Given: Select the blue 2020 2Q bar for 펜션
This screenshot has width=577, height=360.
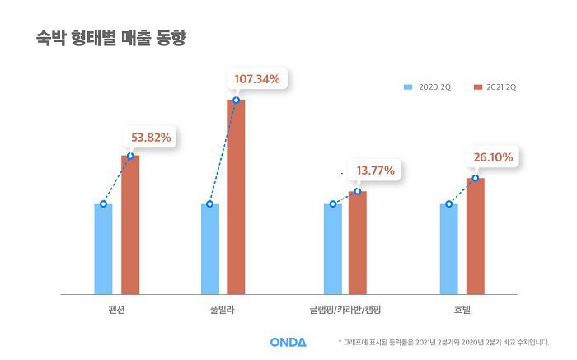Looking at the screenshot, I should point(103,249).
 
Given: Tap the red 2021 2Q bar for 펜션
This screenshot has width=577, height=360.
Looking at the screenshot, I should point(130,224).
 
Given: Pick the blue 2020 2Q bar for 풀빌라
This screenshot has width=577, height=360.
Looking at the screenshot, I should point(210,249).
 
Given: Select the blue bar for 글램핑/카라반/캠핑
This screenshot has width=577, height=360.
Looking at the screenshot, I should point(332,249).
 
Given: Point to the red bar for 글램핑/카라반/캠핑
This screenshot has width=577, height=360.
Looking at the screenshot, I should point(357,242).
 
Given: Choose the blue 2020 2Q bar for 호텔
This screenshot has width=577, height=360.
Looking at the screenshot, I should point(448,249).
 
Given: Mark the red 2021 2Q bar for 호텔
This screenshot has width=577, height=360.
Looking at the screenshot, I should point(476,236).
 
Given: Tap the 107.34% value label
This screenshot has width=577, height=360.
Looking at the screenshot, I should point(257,79).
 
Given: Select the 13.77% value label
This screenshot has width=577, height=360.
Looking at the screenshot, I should point(375,171).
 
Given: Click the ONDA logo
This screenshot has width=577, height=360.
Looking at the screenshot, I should point(288,342).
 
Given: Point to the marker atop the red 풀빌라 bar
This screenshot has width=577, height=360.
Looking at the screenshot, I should point(237,101).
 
